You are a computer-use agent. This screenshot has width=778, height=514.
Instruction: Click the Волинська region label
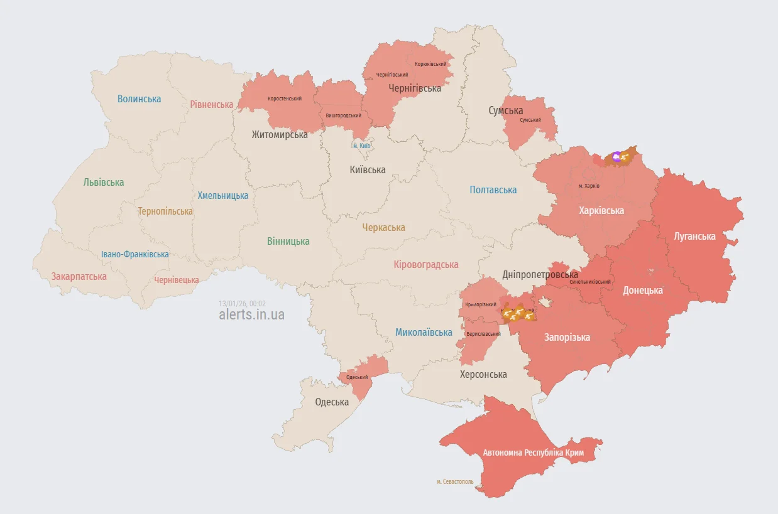point(139,99)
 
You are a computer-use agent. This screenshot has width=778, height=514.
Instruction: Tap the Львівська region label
point(104,182)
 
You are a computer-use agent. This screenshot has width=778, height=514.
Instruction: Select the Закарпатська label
point(79,276)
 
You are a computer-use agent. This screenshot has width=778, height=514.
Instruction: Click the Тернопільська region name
point(165,211)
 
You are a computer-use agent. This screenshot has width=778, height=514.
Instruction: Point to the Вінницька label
point(288,241)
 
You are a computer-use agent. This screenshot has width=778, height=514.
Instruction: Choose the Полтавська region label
point(493,190)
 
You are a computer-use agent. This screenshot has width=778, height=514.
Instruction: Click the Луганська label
point(694,236)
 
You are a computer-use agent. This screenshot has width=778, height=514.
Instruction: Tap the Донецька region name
point(642,290)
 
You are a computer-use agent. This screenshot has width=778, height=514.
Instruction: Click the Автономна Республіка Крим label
point(533,452)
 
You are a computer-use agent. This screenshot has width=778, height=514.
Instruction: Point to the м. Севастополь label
point(455,482)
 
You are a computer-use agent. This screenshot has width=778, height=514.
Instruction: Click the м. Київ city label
point(361,146)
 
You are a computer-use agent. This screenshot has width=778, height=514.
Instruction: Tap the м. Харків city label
point(589,186)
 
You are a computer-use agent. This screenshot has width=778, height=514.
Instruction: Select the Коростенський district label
point(284,99)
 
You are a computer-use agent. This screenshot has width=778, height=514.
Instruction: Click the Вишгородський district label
point(343,115)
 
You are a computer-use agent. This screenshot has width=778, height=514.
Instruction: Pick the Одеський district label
point(357,377)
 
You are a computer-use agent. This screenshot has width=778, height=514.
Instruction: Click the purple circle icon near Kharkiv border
point(616,156)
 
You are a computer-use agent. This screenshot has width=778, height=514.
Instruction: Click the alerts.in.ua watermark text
point(251,314)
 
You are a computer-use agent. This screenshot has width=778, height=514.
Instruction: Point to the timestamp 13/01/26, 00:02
point(242,303)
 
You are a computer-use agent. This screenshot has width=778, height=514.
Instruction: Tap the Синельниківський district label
point(590,282)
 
